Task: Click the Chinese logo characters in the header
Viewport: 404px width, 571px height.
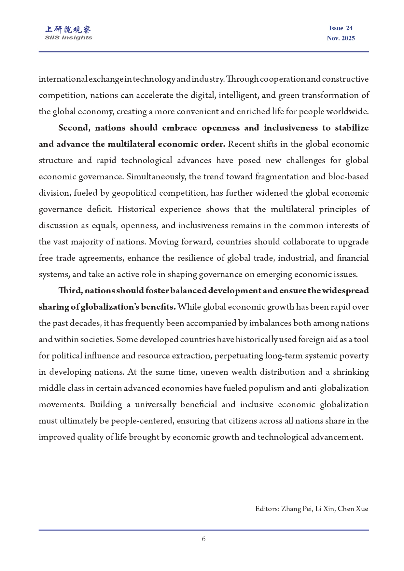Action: (68, 30)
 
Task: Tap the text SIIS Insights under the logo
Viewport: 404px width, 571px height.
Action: (68, 38)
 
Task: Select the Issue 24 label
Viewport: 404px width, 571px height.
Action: (341, 28)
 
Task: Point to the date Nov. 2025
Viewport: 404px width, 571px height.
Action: (341, 38)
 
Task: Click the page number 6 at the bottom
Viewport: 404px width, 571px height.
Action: (203, 539)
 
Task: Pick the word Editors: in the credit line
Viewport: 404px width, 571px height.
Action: (267, 509)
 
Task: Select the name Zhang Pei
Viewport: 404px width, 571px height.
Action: (296, 509)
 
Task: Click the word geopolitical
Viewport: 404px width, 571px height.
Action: (133, 193)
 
